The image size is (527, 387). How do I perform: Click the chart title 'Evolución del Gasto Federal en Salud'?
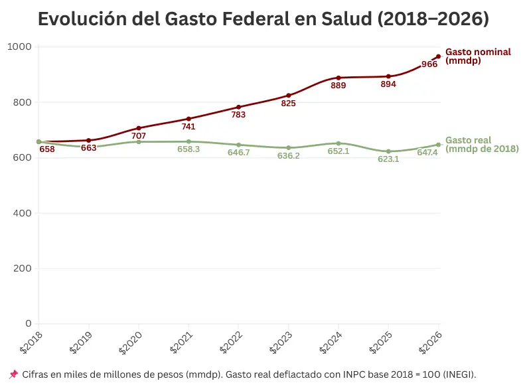pyautogui.click(x=263, y=19)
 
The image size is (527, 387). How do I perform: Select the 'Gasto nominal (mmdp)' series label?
pyautogui.click(x=478, y=56)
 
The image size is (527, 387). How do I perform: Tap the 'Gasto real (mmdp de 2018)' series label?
pyautogui.click(x=481, y=145)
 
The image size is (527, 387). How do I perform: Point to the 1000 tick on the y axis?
pyautogui.click(x=20, y=47)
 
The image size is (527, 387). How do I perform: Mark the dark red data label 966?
pyautogui.click(x=429, y=64)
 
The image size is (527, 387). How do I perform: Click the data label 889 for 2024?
pyautogui.click(x=339, y=86)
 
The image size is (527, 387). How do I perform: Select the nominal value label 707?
pyautogui.click(x=139, y=136)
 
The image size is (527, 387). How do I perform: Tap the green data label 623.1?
pyautogui.click(x=388, y=159)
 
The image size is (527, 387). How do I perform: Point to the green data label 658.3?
pyautogui.click(x=188, y=149)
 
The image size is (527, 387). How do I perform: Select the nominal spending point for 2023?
pyautogui.click(x=289, y=96)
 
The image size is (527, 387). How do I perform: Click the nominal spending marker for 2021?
pyautogui.click(x=188, y=119)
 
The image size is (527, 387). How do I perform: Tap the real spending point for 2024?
pyautogui.click(x=339, y=143)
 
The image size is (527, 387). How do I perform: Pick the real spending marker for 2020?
pyautogui.click(x=139, y=142)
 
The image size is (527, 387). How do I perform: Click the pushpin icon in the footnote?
pyautogui.click(x=14, y=374)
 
